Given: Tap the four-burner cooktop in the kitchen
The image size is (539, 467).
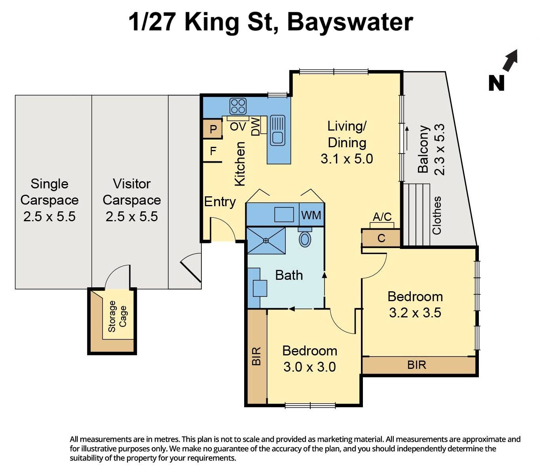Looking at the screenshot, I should (x=238, y=106).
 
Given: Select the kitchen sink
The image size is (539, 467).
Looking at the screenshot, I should (x=277, y=130).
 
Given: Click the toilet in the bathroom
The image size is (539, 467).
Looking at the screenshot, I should (x=305, y=238).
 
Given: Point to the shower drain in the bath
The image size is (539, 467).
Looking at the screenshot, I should (x=266, y=240).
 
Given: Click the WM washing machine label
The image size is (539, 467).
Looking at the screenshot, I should (x=311, y=215).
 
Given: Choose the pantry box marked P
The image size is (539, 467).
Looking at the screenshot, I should (x=213, y=129).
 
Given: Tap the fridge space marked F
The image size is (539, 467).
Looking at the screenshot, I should (x=213, y=151).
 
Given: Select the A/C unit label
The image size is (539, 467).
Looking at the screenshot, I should (x=382, y=217).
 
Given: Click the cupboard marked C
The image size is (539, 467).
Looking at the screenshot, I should (x=381, y=238).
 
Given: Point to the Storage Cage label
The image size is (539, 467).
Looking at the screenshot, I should (x=117, y=316).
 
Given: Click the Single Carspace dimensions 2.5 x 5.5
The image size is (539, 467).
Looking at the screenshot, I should (x=49, y=216).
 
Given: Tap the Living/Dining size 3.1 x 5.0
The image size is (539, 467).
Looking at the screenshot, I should (x=347, y=159).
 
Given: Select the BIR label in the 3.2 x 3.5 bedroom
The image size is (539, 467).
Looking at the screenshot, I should (x=417, y=365).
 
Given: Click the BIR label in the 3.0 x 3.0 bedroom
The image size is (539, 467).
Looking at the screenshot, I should (x=256, y=356).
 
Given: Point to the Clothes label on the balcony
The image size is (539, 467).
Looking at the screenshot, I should (x=437, y=215).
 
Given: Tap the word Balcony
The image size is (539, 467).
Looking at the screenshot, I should (x=423, y=149).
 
